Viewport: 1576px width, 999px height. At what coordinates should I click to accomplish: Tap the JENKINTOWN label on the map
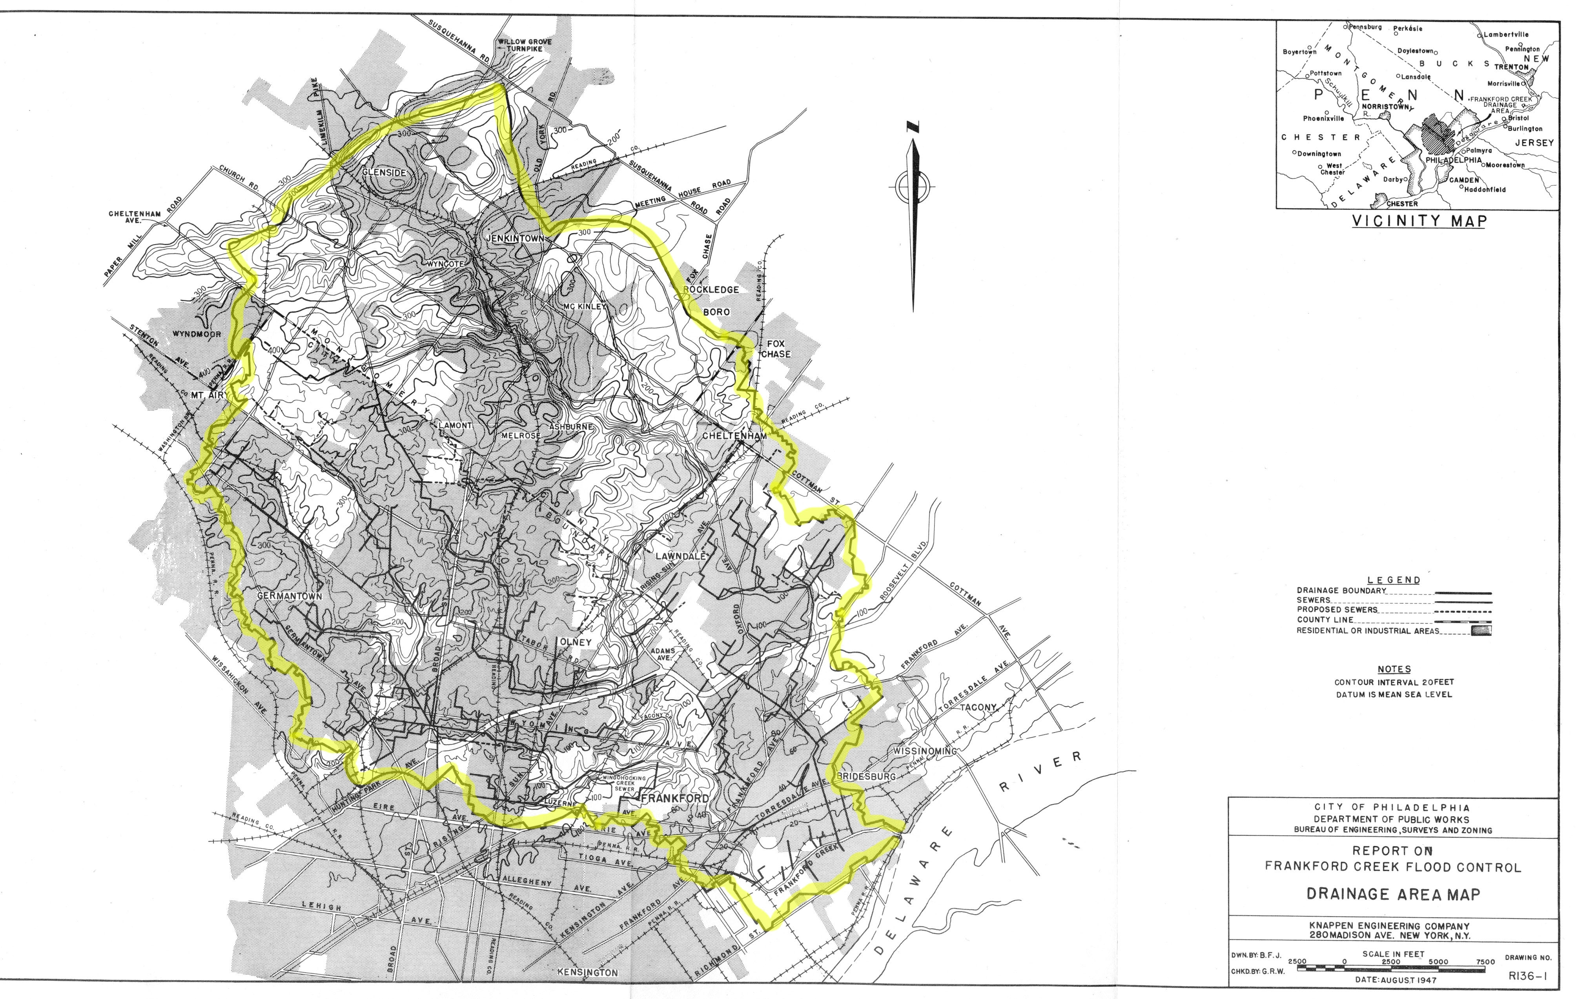click(x=514, y=239)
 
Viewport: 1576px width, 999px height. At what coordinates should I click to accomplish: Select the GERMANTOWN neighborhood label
click(x=289, y=596)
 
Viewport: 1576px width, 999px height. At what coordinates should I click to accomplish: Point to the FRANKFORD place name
click(x=675, y=798)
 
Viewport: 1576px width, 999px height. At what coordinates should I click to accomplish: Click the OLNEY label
click(x=575, y=642)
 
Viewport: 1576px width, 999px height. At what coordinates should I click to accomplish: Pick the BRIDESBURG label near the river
click(x=866, y=777)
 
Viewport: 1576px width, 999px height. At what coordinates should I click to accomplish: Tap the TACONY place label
click(x=978, y=708)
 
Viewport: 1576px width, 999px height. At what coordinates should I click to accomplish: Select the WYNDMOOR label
click(x=196, y=334)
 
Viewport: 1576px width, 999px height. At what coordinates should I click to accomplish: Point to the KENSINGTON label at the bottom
click(x=587, y=972)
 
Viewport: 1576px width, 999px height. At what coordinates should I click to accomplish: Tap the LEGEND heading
click(x=1394, y=580)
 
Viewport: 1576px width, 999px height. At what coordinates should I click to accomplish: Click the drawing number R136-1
click(x=1527, y=976)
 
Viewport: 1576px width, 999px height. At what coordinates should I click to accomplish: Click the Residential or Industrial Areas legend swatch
click(x=1481, y=631)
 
